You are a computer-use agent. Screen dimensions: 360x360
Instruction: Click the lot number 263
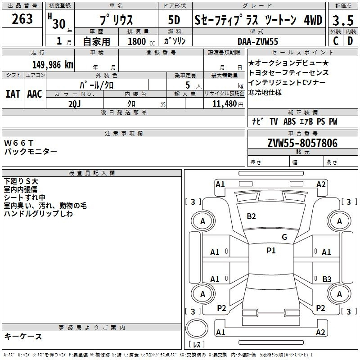(x=22, y=19)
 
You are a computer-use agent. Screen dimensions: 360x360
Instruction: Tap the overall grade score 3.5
(x=343, y=21)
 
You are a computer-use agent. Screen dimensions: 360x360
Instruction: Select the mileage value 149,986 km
(x=53, y=65)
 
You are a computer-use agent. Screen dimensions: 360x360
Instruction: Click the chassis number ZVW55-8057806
(x=302, y=143)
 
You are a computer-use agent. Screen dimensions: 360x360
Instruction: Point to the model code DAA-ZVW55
(x=258, y=41)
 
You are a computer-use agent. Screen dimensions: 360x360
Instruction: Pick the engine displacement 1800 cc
(x=141, y=41)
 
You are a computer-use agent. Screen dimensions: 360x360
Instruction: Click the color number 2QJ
(x=75, y=104)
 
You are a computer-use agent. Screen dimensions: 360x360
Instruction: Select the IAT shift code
(x=13, y=94)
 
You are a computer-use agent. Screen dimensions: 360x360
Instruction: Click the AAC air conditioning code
(x=35, y=94)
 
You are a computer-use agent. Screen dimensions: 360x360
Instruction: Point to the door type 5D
(x=174, y=20)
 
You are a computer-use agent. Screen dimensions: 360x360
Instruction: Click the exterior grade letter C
(x=336, y=41)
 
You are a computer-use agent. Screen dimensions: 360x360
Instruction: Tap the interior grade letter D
(x=350, y=41)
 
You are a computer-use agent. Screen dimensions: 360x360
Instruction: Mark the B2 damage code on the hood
(x=251, y=216)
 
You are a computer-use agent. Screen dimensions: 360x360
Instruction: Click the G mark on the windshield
(x=284, y=237)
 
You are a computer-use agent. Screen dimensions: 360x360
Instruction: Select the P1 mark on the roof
(x=271, y=251)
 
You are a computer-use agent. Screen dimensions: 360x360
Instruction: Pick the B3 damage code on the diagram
(x=327, y=279)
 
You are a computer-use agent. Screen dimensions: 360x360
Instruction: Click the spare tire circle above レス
(x=197, y=328)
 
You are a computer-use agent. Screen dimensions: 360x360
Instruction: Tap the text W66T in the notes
(x=19, y=143)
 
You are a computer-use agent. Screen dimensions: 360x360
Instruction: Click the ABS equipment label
(x=289, y=121)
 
